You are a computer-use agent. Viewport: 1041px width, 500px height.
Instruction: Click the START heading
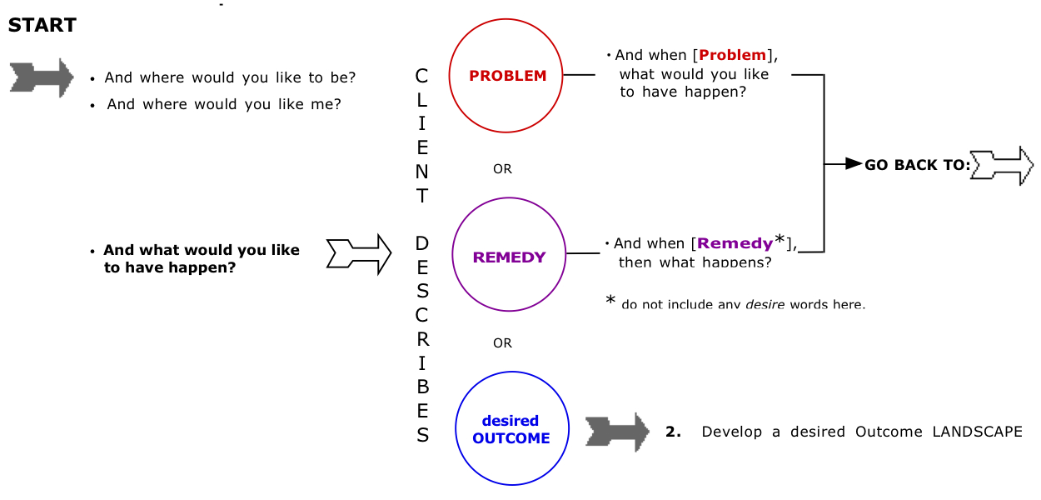(x=42, y=26)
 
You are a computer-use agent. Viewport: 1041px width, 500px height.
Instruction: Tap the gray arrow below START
(x=42, y=77)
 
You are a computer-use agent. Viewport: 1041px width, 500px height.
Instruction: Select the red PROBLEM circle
(x=507, y=76)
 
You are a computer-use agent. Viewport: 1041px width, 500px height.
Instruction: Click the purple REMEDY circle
(x=509, y=257)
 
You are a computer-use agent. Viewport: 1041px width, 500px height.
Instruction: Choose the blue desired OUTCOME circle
(x=511, y=430)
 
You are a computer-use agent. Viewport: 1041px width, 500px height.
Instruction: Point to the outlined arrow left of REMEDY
(x=359, y=253)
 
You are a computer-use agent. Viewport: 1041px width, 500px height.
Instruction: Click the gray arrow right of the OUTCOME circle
(x=617, y=432)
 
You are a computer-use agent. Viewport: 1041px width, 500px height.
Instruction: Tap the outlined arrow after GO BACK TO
(x=1003, y=165)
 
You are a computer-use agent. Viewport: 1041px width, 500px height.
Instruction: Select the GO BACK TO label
(x=917, y=165)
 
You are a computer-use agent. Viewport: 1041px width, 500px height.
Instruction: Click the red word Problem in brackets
(x=732, y=55)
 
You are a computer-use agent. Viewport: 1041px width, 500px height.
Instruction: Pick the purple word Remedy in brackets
(x=735, y=243)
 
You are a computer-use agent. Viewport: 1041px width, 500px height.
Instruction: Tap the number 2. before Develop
(x=673, y=432)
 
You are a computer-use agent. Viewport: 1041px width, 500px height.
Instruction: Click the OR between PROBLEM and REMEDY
(x=502, y=169)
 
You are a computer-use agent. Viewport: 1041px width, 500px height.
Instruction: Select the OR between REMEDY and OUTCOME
(x=502, y=342)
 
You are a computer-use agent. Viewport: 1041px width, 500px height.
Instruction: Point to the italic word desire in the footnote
(x=764, y=304)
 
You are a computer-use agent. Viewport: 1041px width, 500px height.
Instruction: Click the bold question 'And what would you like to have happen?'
(x=201, y=258)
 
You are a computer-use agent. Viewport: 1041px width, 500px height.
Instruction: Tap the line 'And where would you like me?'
(x=223, y=104)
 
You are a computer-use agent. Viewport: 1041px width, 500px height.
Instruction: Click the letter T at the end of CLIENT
(x=422, y=196)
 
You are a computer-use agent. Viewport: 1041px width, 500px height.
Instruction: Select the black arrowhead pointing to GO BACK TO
(x=853, y=164)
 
